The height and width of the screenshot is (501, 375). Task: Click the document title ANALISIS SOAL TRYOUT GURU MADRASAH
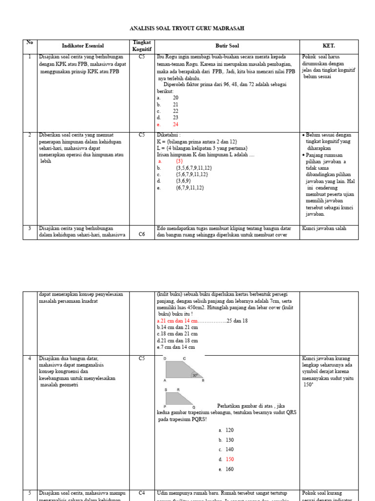(x=187, y=29)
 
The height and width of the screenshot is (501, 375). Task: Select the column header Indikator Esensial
(x=83, y=46)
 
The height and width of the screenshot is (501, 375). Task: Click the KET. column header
(x=329, y=46)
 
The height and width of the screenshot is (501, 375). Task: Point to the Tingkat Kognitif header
(x=142, y=46)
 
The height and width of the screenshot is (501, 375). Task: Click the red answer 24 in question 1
(x=175, y=125)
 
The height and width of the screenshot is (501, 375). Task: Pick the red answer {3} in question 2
(x=179, y=161)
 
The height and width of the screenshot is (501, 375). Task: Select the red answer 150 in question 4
(x=229, y=459)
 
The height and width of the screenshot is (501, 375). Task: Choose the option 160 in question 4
(x=229, y=469)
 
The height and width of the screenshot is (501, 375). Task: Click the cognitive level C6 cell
(x=142, y=234)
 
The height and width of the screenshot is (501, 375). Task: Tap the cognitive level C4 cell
(x=142, y=493)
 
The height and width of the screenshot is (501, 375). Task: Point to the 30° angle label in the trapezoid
(x=195, y=376)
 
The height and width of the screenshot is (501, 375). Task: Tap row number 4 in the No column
(x=29, y=359)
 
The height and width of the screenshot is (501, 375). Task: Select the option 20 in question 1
(x=175, y=98)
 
